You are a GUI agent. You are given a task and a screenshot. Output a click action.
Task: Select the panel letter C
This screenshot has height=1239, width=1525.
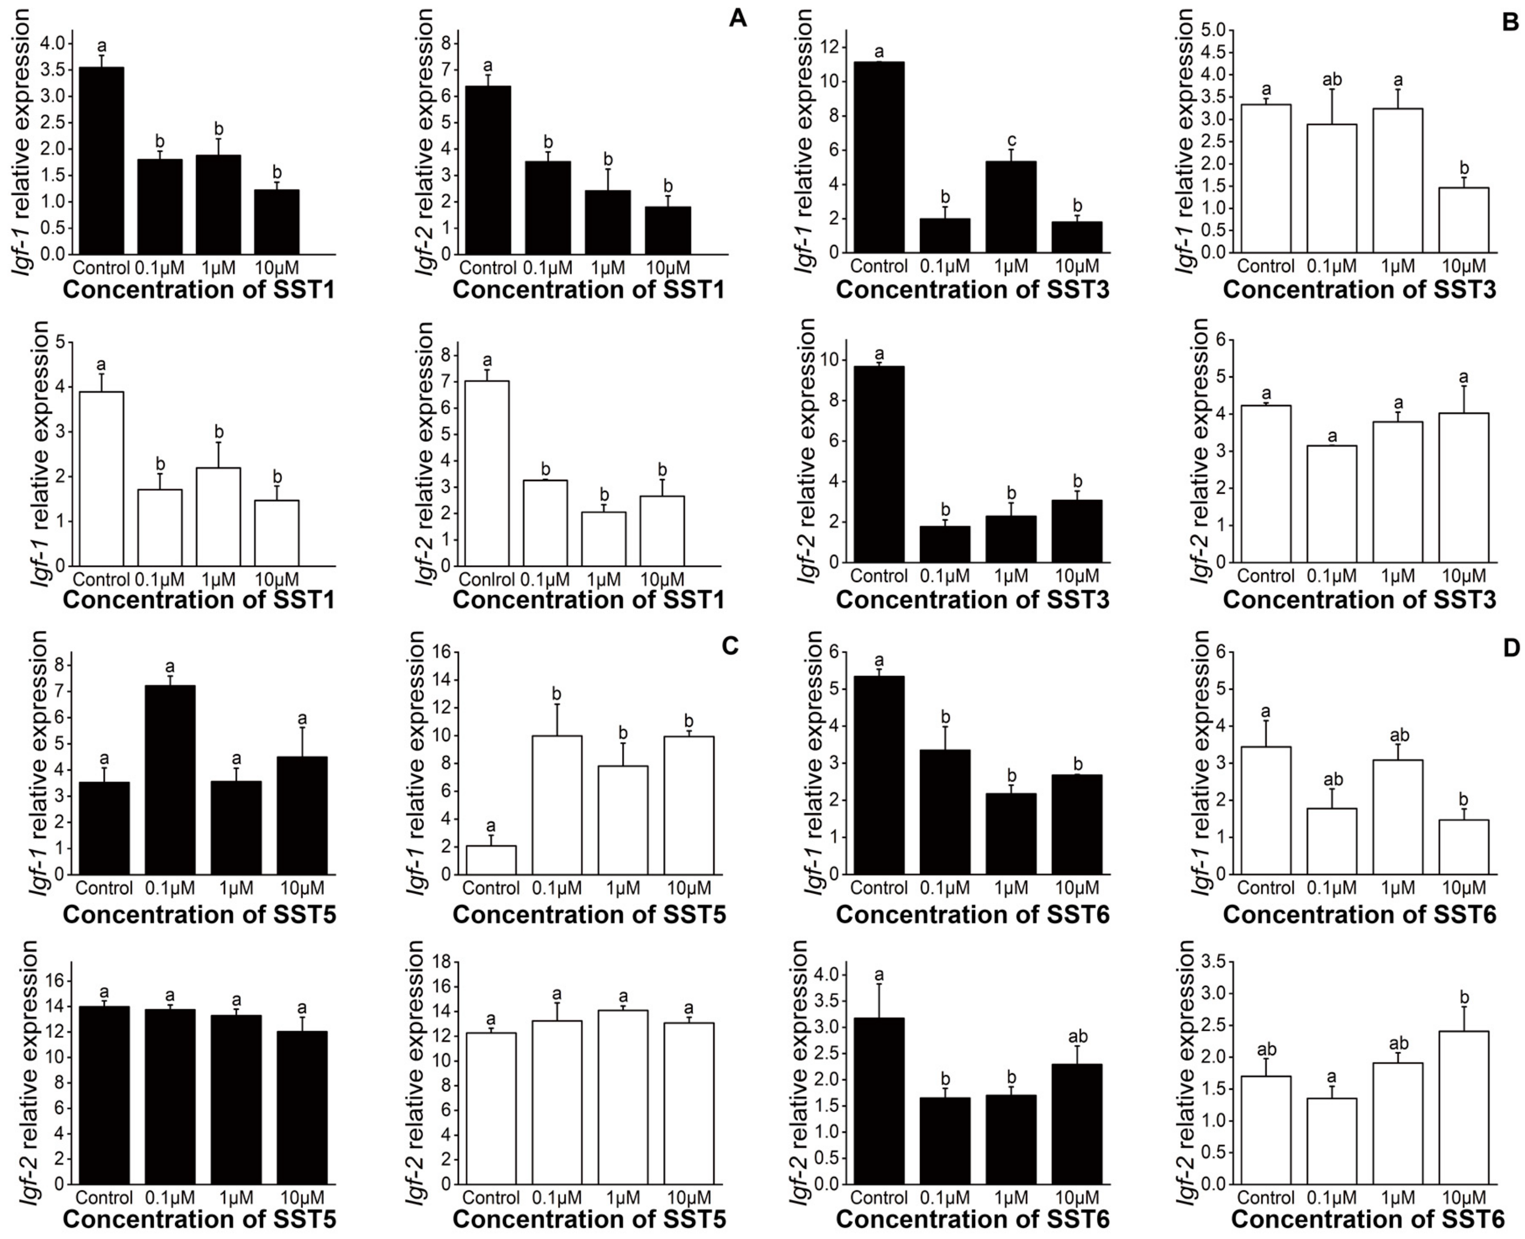tap(730, 646)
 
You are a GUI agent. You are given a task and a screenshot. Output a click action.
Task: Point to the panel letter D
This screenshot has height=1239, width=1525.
tap(1511, 647)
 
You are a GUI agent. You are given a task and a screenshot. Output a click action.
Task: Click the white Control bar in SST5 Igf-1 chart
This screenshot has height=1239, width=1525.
tap(491, 860)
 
